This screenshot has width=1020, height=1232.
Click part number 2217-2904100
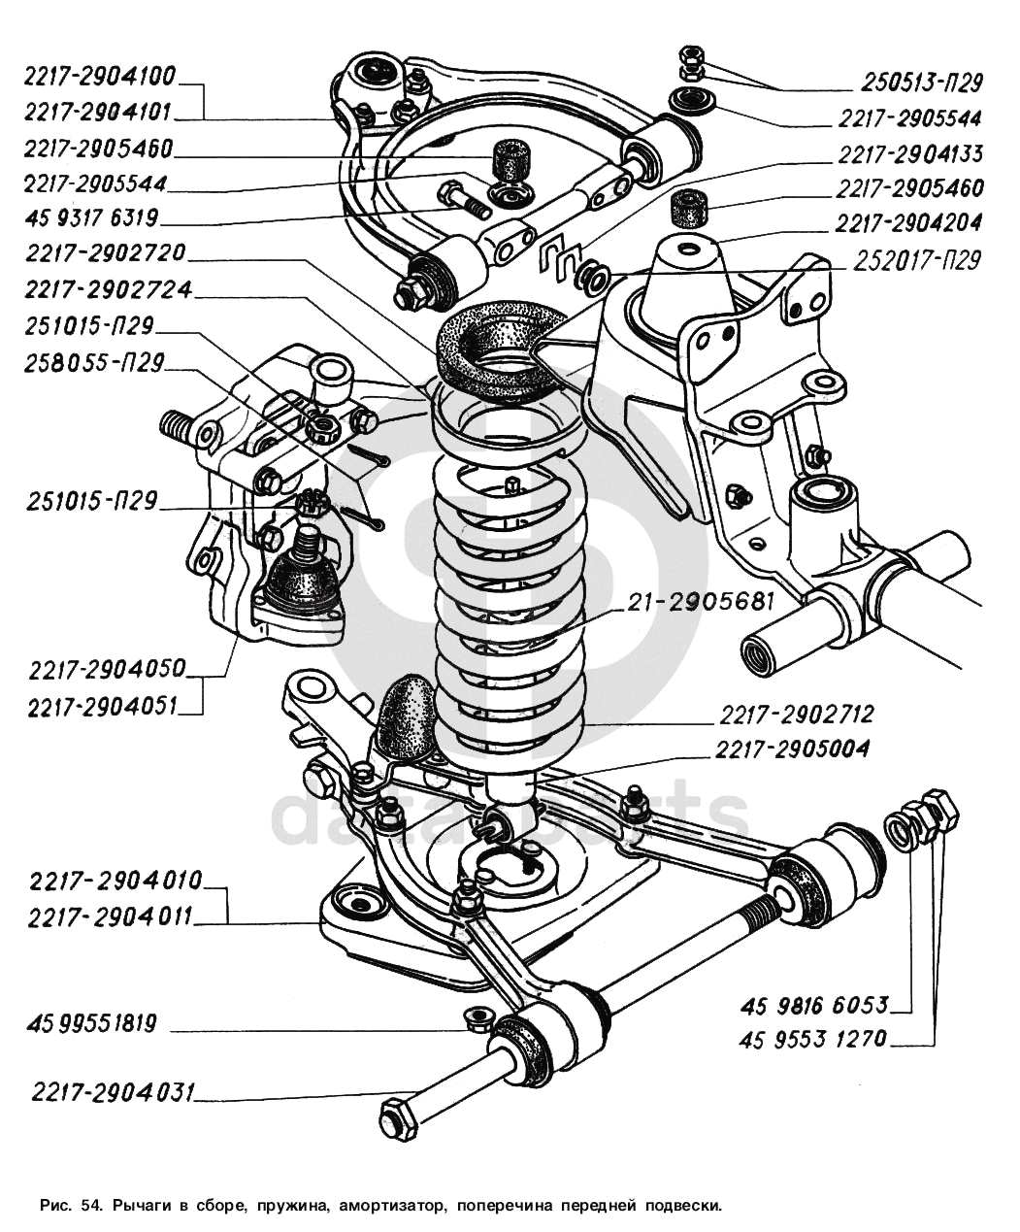[x=100, y=77]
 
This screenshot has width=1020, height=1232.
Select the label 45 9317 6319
[x=92, y=216]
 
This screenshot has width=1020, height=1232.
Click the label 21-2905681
[x=698, y=601]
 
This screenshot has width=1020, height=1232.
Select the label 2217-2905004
[x=792, y=749]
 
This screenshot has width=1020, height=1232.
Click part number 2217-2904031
[x=113, y=1092]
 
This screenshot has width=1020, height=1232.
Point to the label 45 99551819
[x=93, y=1023]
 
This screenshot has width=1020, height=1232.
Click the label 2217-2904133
[x=909, y=153]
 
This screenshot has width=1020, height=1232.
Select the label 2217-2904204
[x=909, y=222]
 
